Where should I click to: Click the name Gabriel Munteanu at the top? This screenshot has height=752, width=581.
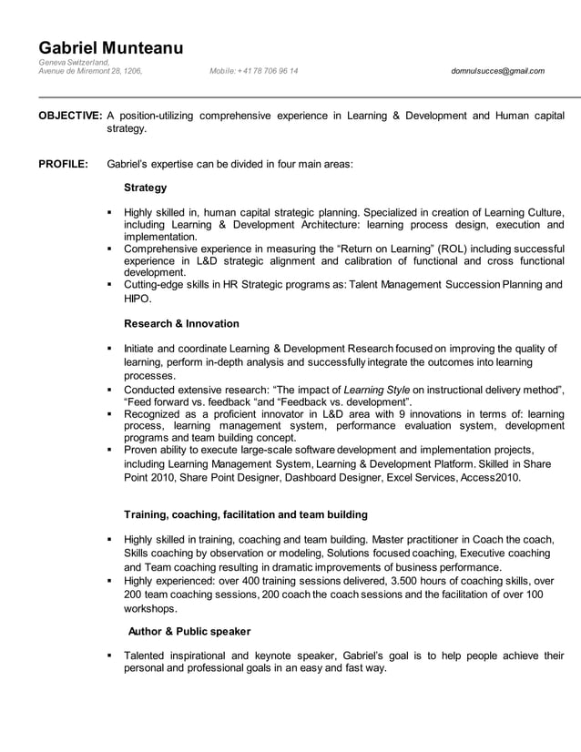click(110, 47)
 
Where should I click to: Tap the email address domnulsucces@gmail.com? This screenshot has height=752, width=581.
click(497, 71)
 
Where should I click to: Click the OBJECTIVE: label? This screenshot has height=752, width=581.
click(69, 116)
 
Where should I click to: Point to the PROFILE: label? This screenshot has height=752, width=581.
click(63, 165)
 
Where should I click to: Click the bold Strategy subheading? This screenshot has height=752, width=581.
click(145, 188)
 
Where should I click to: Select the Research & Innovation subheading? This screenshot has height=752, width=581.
click(181, 323)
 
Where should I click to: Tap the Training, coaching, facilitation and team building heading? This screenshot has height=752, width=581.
click(245, 514)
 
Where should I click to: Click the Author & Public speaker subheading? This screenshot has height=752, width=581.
click(189, 631)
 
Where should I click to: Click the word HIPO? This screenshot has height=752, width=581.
click(138, 299)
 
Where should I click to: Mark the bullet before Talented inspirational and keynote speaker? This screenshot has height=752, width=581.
click(109, 655)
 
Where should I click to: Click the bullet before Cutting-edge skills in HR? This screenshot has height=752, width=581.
click(109, 285)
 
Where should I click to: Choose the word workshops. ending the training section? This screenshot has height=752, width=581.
click(152, 608)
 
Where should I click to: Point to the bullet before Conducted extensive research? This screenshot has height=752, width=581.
click(109, 390)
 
